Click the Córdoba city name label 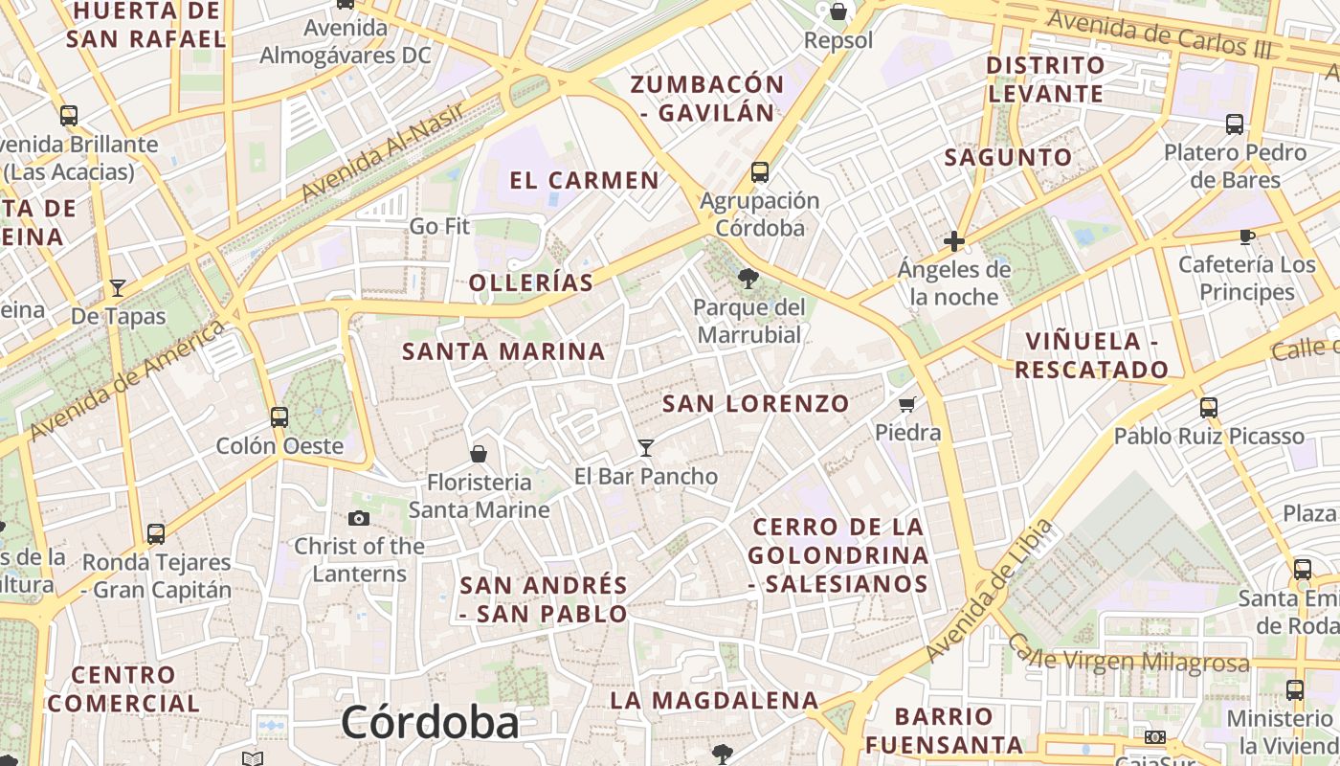[430, 723]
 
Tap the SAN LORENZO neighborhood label [755, 404]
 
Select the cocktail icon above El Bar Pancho [646, 447]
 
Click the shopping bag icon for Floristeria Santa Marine [479, 453]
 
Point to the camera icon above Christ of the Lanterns [359, 518]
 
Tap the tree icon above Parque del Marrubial [748, 279]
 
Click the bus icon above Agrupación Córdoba [759, 172]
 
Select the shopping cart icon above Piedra [907, 404]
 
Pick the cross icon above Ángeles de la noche [953, 241]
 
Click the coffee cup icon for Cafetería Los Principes [1246, 236]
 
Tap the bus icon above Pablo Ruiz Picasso [1208, 408]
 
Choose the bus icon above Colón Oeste [279, 417]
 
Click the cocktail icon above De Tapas [118, 287]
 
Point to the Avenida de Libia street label [990, 592]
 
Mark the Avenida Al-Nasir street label [383, 151]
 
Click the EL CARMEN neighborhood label [584, 180]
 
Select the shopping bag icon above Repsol [838, 11]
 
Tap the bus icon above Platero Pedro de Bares [1235, 124]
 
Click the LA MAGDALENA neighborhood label [714, 700]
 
